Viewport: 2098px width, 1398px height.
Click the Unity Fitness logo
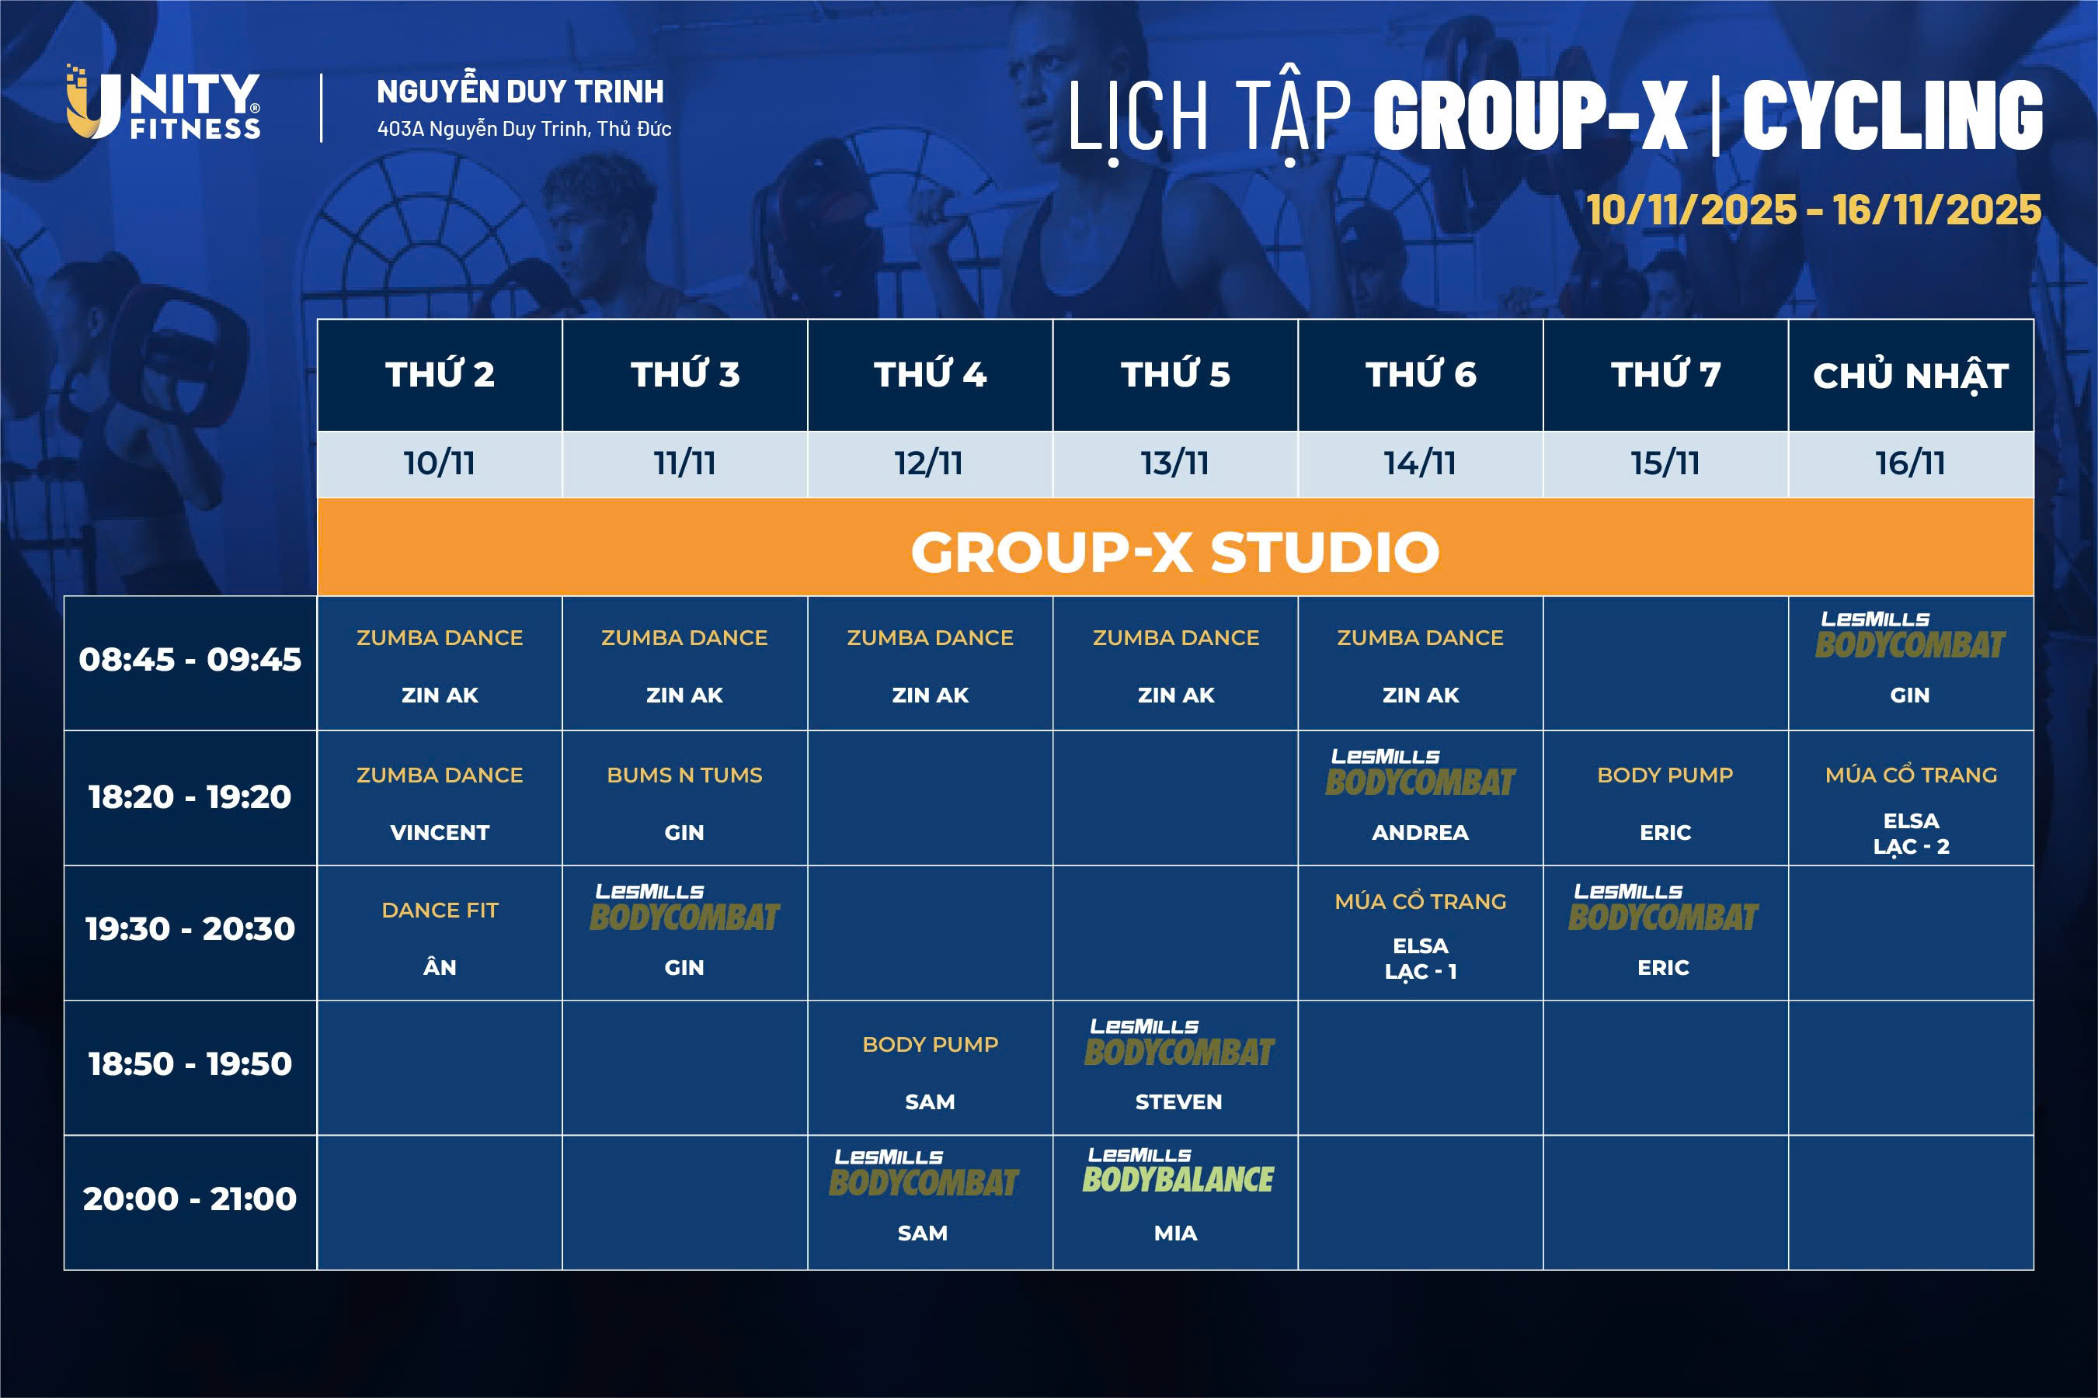163,102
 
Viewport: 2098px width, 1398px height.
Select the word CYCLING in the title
1892,115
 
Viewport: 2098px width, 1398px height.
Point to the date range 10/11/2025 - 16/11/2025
1814,210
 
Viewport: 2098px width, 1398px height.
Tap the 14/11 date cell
1419,463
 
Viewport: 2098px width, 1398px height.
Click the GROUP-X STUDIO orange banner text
1174,551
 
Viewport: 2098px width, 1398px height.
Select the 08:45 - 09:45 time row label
190,660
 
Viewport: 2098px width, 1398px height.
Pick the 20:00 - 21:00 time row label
190,1199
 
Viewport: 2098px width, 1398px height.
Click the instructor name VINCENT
440,833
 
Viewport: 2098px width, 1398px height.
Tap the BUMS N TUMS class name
684,775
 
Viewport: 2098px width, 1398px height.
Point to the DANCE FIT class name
440,911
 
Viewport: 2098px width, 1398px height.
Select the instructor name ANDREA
1420,833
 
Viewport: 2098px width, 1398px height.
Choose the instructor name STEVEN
1178,1102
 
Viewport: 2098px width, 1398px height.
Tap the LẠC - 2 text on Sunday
1911,847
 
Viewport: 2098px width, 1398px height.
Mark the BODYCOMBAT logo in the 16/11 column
1910,635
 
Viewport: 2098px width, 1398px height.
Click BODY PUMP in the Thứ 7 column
1665,775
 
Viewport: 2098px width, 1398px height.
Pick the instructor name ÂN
440,967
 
